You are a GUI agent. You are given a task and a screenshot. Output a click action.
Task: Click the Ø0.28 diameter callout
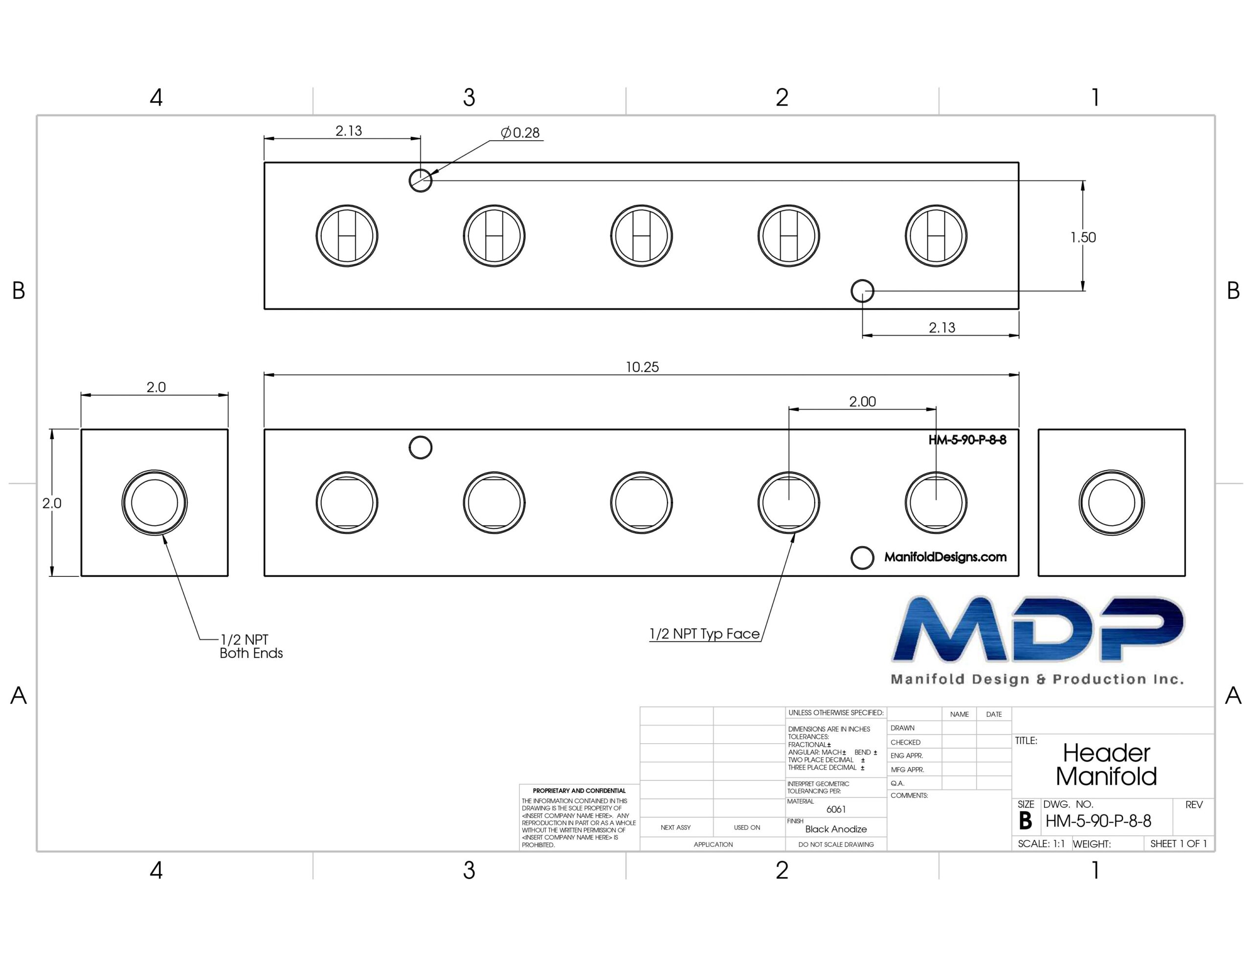[520, 133]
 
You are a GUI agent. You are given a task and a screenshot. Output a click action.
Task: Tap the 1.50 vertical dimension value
[1083, 237]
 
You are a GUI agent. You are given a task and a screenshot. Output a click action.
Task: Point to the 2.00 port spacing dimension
[862, 402]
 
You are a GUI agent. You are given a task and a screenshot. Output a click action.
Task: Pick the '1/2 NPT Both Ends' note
[251, 647]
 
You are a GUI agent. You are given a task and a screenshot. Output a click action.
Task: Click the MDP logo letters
[1038, 629]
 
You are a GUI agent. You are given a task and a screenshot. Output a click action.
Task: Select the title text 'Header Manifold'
[1106, 765]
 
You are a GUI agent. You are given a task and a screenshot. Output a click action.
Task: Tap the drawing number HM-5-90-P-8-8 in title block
[1098, 821]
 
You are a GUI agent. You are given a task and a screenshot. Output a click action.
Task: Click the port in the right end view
[1112, 503]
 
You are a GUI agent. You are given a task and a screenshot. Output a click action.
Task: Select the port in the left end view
[154, 503]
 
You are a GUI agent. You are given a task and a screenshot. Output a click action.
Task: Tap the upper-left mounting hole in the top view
[420, 180]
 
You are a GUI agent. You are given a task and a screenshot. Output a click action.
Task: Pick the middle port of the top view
[642, 236]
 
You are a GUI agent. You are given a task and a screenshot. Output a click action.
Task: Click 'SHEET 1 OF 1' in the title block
[1179, 844]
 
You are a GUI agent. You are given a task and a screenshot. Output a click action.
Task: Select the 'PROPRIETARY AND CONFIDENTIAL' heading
[579, 791]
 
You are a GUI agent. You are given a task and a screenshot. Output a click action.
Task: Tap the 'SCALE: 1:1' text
[1041, 844]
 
